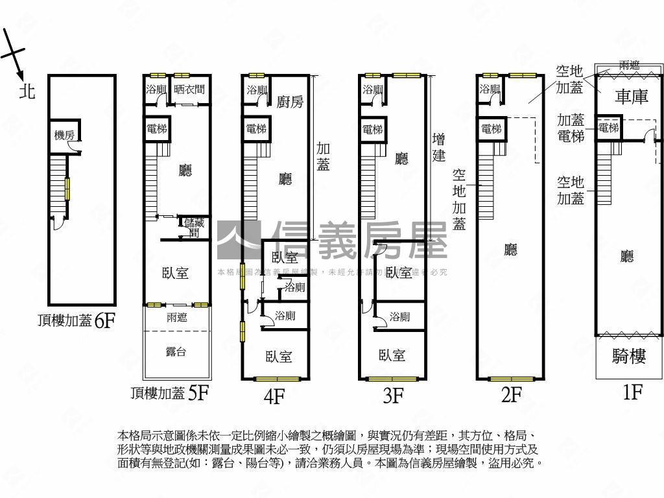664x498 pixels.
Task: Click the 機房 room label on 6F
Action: [x=64, y=135]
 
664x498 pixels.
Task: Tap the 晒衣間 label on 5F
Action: [x=189, y=89]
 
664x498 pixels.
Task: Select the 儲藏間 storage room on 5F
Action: [x=194, y=228]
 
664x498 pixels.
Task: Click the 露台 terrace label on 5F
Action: [x=176, y=352]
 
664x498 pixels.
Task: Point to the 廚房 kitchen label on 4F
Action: [x=289, y=102]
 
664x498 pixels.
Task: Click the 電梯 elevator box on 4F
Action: [x=255, y=129]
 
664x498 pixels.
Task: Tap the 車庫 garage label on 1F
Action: [x=631, y=97]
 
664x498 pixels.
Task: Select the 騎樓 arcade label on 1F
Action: [x=628, y=356]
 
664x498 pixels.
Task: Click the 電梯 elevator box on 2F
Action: [x=492, y=129]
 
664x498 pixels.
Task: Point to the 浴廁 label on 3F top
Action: [x=373, y=89]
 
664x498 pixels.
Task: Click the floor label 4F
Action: [x=274, y=396]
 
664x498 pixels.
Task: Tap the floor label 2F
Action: [x=511, y=394]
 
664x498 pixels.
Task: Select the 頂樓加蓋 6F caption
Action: [x=77, y=320]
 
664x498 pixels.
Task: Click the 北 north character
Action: [x=27, y=91]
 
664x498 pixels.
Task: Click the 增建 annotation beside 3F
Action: [x=439, y=147]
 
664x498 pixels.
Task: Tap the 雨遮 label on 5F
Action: [x=176, y=318]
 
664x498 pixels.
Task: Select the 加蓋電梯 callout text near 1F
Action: [x=571, y=128]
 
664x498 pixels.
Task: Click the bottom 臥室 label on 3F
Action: [x=392, y=355]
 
